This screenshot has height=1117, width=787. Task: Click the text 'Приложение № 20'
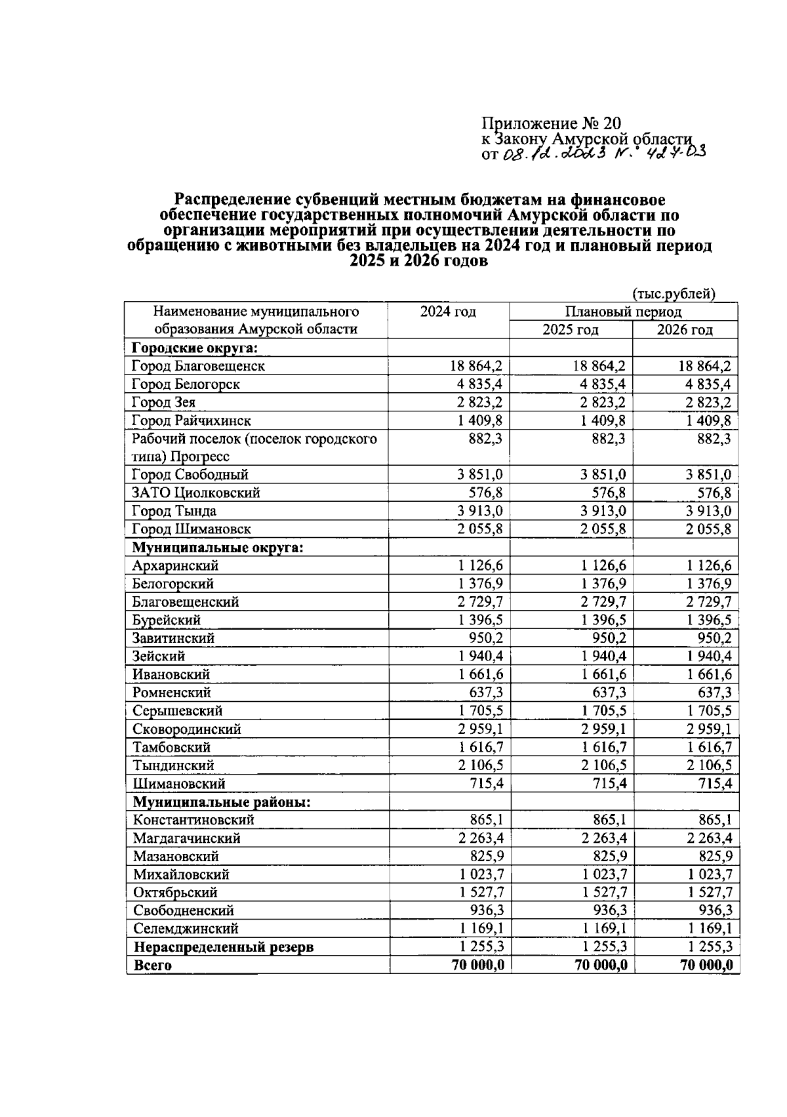[550, 123]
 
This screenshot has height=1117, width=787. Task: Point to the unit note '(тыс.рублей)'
[674, 293]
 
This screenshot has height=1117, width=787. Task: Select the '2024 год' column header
[448, 312]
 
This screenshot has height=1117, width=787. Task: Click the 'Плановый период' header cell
[623, 312]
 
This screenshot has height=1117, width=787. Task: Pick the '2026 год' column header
[685, 329]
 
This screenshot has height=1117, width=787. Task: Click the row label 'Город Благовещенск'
[198, 366]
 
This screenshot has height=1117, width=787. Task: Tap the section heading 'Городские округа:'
[195, 348]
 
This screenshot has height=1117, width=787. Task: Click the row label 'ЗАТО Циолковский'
[196, 493]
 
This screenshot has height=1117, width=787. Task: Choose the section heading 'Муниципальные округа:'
[218, 547]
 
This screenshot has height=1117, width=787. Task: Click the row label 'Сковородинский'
[187, 729]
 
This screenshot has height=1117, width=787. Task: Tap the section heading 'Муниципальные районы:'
[222, 802]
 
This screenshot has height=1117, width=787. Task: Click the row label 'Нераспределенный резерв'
[224, 947]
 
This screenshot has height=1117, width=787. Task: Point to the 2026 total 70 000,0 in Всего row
[706, 965]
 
